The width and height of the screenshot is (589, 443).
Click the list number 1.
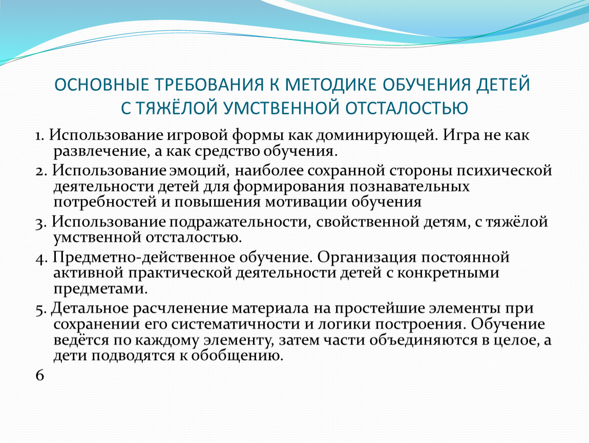[39, 136]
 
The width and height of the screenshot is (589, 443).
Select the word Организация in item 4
[367, 258]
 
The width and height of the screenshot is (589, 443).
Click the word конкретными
[448, 273]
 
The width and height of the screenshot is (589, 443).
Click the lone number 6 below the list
[40, 375]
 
